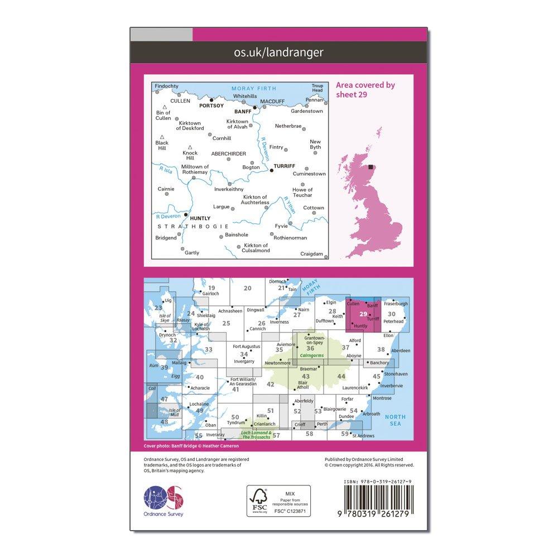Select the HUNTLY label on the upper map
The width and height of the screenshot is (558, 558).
200,218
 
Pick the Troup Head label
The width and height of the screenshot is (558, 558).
317,88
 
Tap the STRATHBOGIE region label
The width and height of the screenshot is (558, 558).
193,226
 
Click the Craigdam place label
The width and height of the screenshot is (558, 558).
311,254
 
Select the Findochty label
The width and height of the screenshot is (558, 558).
167,86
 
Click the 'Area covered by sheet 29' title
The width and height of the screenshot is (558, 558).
365,89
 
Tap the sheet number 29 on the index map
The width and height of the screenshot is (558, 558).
364,314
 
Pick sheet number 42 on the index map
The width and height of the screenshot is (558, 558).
271,384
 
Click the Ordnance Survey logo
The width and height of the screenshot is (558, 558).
163,498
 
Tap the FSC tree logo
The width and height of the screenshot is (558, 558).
258,498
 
